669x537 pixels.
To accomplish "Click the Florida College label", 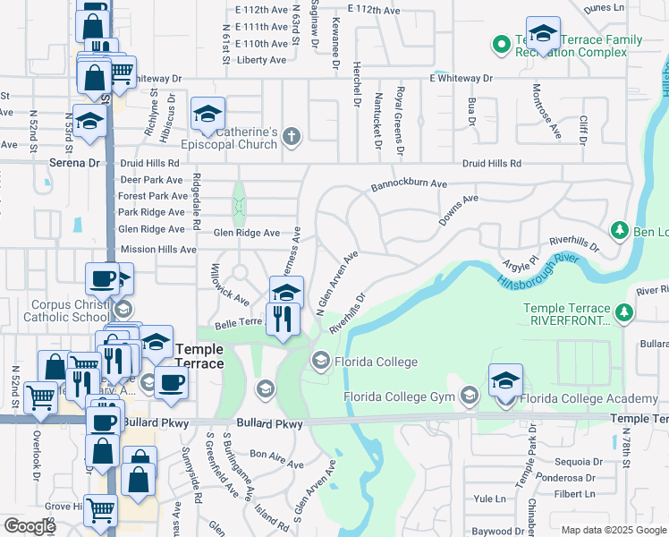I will pos(376,362).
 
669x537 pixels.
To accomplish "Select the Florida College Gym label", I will pos(400,396).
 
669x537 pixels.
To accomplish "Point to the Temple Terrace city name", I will pos(213,356).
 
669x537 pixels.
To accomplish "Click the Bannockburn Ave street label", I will pos(409,184).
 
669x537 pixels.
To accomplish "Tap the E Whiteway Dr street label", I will pos(461,79).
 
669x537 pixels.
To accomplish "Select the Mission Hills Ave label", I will pos(157,249).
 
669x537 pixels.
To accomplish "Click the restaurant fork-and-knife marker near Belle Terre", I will pos(284,320).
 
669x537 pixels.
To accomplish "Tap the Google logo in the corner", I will pos(30,526).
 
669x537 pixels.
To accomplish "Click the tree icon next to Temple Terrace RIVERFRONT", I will pos(624,313).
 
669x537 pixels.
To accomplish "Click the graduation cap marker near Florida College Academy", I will pos(505,379).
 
